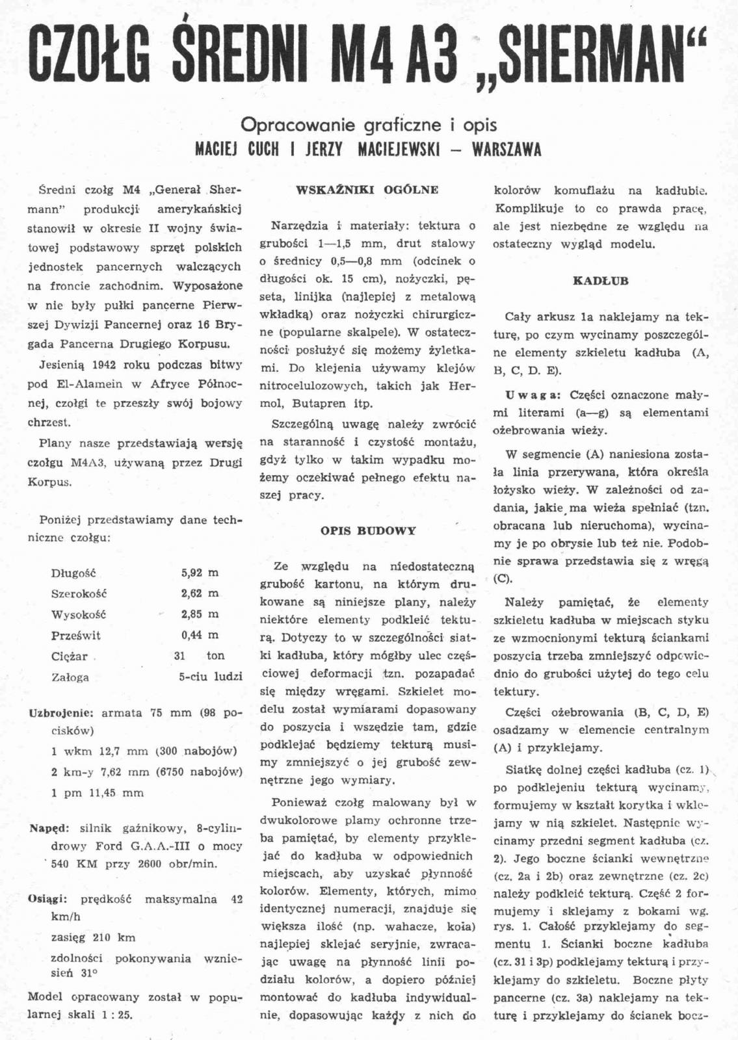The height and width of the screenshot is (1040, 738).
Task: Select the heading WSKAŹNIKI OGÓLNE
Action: pos(367,190)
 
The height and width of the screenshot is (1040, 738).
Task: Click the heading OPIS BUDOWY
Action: pos(368,530)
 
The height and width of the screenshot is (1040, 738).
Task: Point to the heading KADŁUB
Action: pos(601,281)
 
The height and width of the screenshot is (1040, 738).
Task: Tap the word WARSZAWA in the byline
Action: pos(507,149)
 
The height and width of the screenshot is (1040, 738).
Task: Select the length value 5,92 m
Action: pos(200,573)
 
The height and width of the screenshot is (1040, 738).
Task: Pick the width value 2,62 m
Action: pos(200,593)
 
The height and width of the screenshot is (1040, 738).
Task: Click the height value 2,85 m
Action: pos(200,614)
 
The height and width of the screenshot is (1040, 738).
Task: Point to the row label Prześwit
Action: pos(76,636)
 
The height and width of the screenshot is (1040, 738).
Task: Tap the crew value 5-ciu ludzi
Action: pos(210,677)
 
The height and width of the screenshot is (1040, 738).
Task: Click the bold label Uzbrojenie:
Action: pos(61,712)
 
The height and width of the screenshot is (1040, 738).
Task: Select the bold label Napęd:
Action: pos(49,829)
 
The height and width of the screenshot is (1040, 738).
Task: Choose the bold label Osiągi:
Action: pos(48,900)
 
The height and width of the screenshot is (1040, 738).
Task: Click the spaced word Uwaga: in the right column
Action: pos(533,395)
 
